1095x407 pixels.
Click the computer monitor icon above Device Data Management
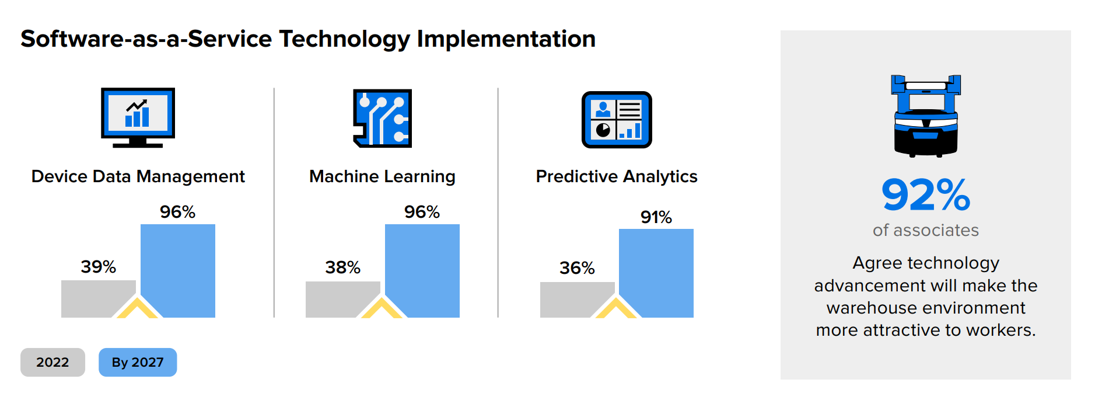(x=138, y=117)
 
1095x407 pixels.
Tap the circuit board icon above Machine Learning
(x=382, y=117)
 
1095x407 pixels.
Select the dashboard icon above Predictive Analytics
(x=617, y=119)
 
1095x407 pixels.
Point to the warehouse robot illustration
(x=926, y=116)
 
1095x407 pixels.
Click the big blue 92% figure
(x=926, y=195)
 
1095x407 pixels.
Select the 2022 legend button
(x=53, y=362)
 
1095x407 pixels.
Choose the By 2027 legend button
(x=138, y=362)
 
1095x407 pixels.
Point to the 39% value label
(x=98, y=267)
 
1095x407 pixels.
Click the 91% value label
(x=656, y=217)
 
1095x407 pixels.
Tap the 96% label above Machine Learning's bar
(x=422, y=212)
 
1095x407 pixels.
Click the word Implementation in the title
(x=506, y=39)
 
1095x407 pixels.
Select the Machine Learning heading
(x=382, y=176)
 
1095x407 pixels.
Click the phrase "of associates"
(x=926, y=231)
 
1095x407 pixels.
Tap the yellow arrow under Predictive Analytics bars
(x=616, y=309)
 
